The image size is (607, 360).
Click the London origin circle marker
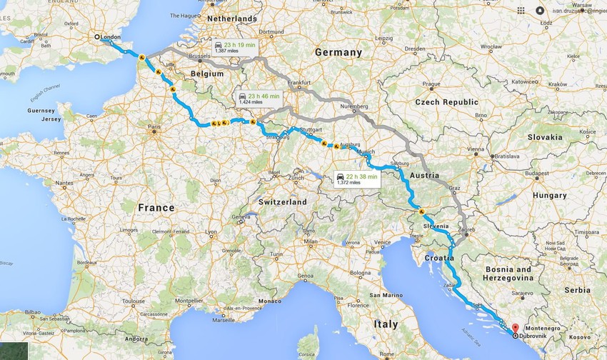coord(98,37)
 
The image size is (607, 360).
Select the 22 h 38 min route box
coord(357,179)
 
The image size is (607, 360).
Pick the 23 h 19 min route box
coord(235,47)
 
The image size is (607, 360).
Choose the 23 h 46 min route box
coord(260,98)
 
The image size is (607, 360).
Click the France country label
coord(156,207)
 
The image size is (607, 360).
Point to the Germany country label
coord(338,52)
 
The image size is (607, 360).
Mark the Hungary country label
coord(549,195)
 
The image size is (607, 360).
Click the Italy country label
coord(385,324)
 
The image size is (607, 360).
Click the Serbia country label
coord(577,290)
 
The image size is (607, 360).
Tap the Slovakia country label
coord(545,136)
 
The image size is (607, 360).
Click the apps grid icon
coord(521,10)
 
